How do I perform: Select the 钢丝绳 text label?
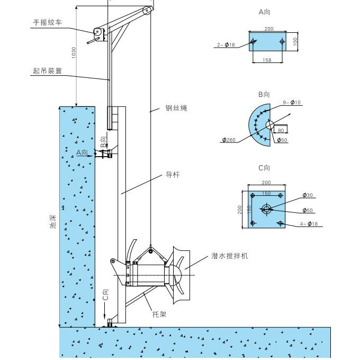coord(176,108)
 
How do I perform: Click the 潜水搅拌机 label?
coord(230,256)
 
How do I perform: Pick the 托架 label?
coord(159,314)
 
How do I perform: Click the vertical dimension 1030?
coord(74,53)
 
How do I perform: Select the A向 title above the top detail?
coord(264,11)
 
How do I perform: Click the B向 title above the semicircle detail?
coord(264,94)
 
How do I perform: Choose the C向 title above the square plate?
coord(264,168)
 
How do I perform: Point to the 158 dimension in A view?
coord(267,60)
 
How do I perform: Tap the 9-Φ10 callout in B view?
coord(292,102)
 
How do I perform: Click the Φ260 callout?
coord(229,140)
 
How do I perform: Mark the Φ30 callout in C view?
coord(308,195)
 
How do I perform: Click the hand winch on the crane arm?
coord(98,33)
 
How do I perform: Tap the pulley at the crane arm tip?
coord(147,10)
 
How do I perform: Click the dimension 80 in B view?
coord(281,130)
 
